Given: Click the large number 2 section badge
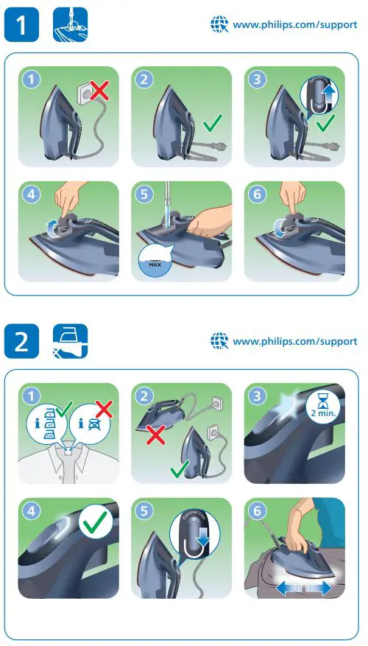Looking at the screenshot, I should [x=24, y=342].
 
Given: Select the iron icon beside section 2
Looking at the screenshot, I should [x=70, y=342].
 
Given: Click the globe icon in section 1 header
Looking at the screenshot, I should [x=219, y=24].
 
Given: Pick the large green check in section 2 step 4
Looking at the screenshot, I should [x=96, y=525].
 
